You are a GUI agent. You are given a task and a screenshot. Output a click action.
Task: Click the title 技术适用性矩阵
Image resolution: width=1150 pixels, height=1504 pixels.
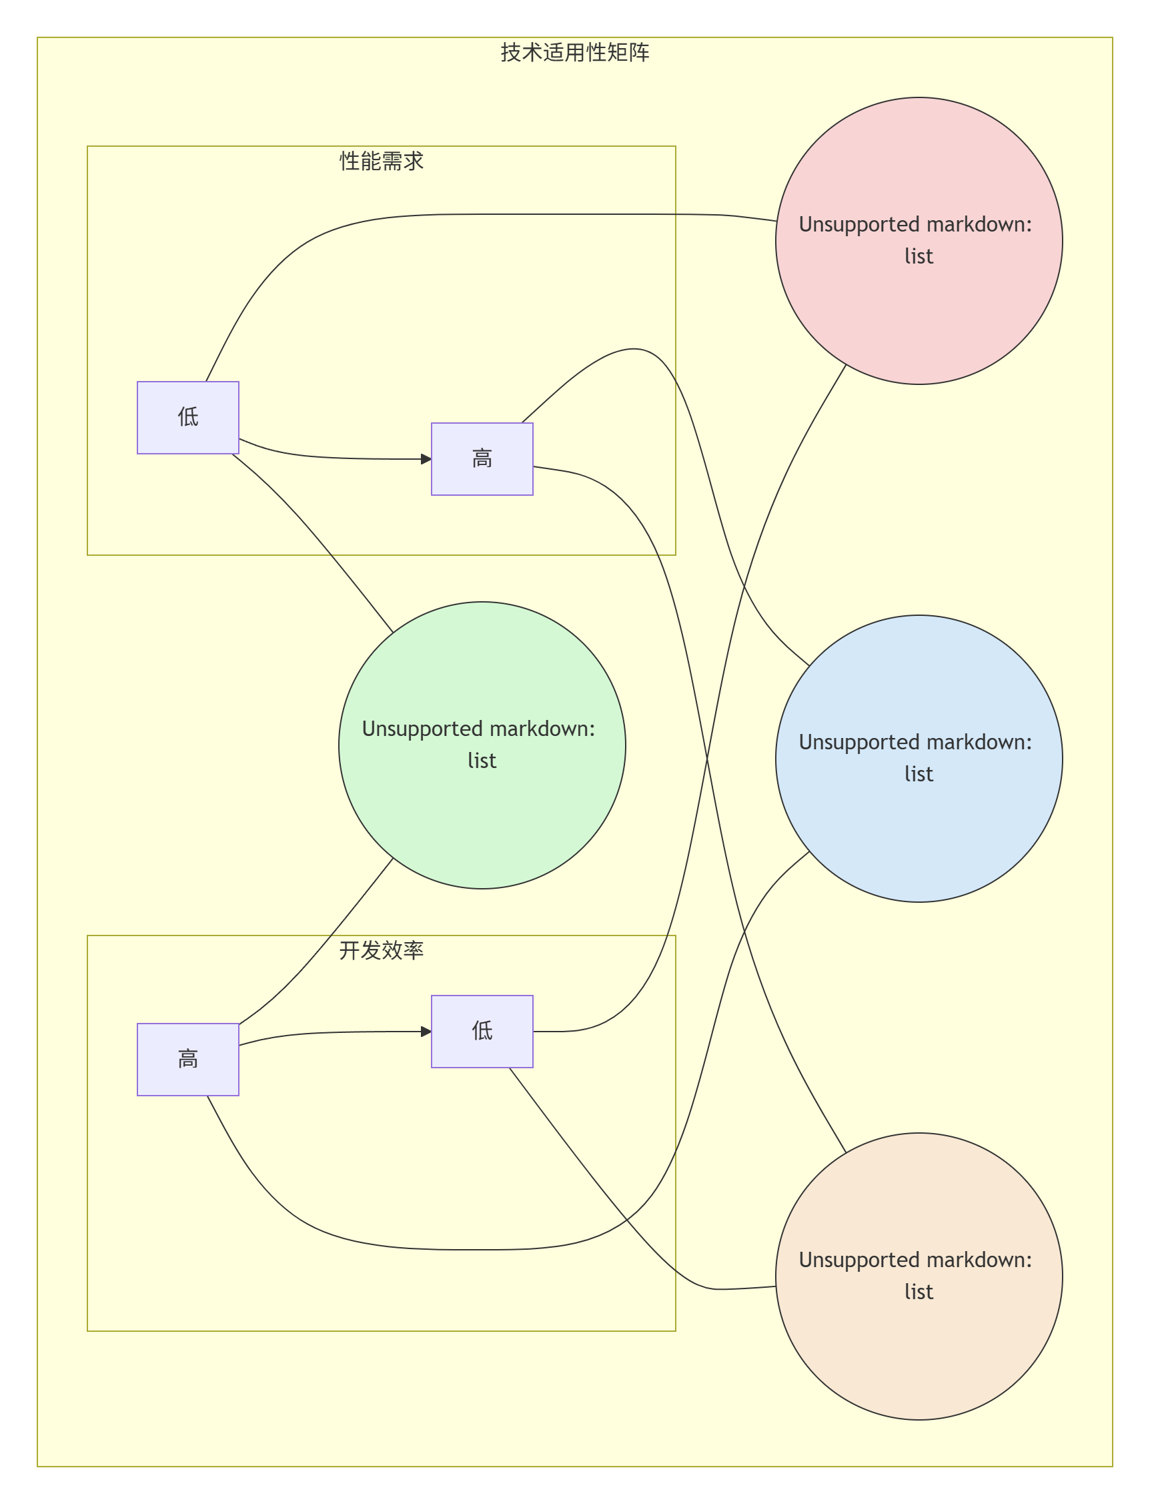pos(574,53)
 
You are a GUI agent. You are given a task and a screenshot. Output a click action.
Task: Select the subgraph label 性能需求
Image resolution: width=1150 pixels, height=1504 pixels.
pos(382,161)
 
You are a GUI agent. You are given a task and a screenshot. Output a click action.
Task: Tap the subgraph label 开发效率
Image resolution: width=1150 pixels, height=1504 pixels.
pos(382,950)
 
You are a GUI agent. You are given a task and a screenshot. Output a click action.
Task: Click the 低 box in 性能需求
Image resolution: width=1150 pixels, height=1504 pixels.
pos(187,417)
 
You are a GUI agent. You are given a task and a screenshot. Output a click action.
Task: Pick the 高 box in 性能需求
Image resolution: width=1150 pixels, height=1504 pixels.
pos(482,458)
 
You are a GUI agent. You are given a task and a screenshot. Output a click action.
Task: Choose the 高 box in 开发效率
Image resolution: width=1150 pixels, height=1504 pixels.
pos(187,1059)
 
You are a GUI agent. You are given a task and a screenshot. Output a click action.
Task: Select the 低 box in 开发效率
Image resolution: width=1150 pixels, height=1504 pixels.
pos(482,1031)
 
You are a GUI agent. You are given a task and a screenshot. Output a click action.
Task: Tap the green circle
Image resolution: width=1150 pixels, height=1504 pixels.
pos(482,821)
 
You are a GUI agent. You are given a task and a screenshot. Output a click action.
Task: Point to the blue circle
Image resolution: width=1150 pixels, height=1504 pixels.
pos(919,835)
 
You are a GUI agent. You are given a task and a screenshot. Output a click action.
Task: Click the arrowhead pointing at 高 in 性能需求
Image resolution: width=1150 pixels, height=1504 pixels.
pos(426,458)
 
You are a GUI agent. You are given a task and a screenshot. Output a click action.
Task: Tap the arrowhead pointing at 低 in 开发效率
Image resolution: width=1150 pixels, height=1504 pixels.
pos(426,1031)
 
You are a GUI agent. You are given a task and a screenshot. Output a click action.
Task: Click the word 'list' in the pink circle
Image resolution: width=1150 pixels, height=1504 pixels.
pos(919,257)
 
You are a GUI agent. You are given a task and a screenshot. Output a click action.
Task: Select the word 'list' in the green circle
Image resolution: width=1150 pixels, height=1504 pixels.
pos(482,761)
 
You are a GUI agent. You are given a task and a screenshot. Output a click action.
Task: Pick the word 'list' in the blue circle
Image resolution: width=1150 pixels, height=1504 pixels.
pos(919,774)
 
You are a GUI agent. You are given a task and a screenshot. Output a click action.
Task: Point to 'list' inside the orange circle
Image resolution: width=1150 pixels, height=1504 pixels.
pos(919,1292)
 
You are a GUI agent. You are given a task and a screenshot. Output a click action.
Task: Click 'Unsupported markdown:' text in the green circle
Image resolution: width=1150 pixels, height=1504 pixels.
pos(478,729)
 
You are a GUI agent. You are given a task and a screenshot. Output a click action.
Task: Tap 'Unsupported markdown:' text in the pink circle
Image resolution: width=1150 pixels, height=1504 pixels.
pos(915,225)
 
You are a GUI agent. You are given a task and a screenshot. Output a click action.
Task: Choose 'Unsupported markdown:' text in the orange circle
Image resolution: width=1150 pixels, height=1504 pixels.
pos(915,1260)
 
